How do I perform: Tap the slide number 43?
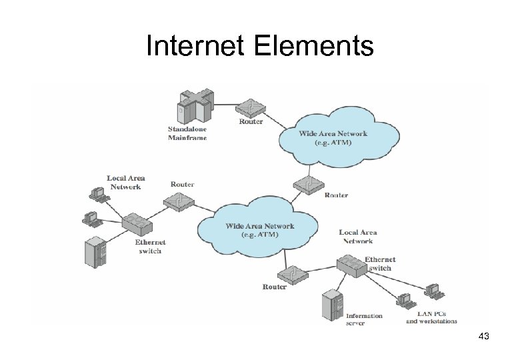(x=483, y=337)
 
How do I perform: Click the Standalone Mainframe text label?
(x=187, y=133)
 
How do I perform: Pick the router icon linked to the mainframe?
(x=251, y=107)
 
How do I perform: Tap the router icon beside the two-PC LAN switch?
(x=179, y=201)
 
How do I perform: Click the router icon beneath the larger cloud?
(x=292, y=273)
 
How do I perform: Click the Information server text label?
(x=364, y=319)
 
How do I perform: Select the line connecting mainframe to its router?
(x=227, y=105)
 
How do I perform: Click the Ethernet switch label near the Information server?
(x=380, y=263)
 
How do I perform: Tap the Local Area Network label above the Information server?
(x=358, y=237)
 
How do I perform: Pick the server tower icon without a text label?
(x=95, y=253)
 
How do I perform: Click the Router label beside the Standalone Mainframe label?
(x=251, y=121)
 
